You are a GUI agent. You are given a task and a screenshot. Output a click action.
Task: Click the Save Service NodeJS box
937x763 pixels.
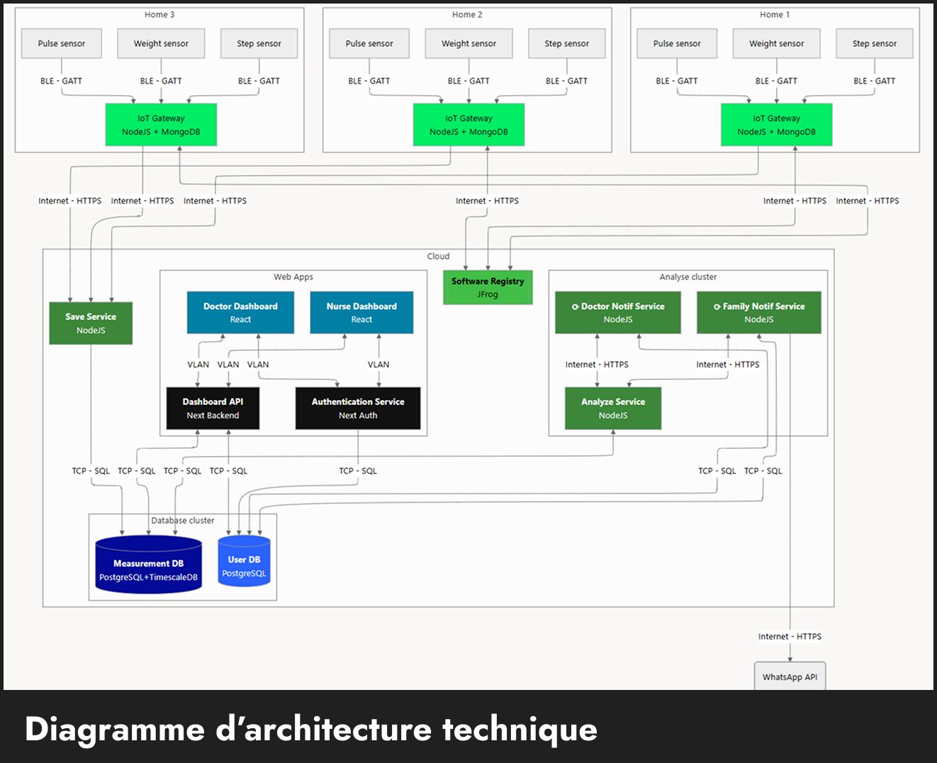pyautogui.click(x=91, y=323)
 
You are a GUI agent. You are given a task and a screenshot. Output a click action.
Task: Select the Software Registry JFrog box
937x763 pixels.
pyautogui.click(x=488, y=287)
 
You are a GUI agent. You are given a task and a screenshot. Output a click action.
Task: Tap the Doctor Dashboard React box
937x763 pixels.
pyautogui.click(x=240, y=313)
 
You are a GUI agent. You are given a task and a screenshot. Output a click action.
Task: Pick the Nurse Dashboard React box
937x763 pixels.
pyautogui.click(x=361, y=313)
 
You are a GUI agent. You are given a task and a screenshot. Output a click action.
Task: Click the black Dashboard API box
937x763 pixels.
pyautogui.click(x=213, y=408)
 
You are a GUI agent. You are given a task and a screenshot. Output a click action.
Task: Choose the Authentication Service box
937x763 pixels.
pyautogui.click(x=358, y=408)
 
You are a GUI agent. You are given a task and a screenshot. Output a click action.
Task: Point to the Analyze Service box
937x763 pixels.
pyautogui.click(x=613, y=408)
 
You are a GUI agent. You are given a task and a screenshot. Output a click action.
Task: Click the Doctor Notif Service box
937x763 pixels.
pyautogui.click(x=618, y=313)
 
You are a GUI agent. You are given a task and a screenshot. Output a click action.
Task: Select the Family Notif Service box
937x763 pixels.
pyautogui.click(x=759, y=313)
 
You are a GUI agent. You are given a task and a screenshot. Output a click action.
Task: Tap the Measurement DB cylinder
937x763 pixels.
pyautogui.click(x=148, y=565)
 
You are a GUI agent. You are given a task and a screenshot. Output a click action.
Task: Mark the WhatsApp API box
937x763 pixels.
pyautogui.click(x=790, y=676)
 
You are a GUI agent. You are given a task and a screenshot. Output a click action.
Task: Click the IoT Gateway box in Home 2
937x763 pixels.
pyautogui.click(x=468, y=125)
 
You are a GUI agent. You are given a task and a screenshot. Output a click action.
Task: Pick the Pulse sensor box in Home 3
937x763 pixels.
pyautogui.click(x=62, y=44)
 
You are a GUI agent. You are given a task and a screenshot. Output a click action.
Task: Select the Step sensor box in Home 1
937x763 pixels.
pyautogui.click(x=874, y=44)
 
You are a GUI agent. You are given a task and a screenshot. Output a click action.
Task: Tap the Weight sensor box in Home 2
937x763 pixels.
pyautogui.click(x=468, y=44)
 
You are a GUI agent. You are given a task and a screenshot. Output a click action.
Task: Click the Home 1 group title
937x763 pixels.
pyautogui.click(x=775, y=15)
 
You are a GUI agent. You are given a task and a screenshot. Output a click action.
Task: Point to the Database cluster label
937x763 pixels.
pyautogui.click(x=183, y=520)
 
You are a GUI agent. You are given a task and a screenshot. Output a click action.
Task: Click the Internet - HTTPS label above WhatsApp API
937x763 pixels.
pyautogui.click(x=790, y=637)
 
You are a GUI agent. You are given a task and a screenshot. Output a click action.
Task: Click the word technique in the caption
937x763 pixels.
pyautogui.click(x=520, y=729)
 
